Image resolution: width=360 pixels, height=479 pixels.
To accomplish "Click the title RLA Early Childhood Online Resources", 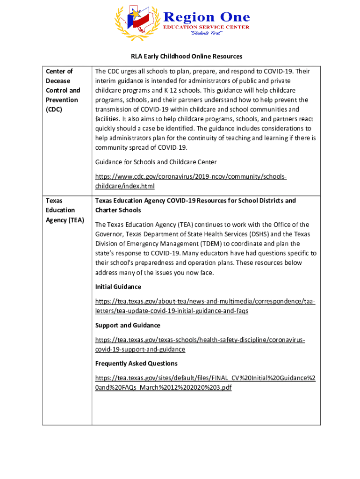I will [187, 56].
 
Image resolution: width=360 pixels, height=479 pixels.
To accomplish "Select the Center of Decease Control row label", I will [63, 90].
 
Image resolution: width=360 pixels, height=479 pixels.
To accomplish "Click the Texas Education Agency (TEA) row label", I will [65, 210].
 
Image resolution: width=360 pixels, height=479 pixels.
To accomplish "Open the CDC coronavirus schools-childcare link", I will [191, 181].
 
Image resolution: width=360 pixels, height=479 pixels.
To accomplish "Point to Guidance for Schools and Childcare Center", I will [156, 162].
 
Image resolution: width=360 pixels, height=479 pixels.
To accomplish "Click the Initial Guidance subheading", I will [118, 287].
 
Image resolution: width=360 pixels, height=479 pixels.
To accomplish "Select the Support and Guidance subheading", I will [128, 325].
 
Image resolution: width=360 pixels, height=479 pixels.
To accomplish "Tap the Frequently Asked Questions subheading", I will [136, 363].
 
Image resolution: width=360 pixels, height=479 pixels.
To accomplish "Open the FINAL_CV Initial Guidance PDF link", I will [205, 383].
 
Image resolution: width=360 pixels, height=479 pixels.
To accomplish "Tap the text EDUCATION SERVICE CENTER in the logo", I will [206, 27].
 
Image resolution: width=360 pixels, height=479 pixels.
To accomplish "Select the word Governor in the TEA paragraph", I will [110, 234].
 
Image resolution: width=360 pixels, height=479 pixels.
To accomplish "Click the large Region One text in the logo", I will [206, 17].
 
